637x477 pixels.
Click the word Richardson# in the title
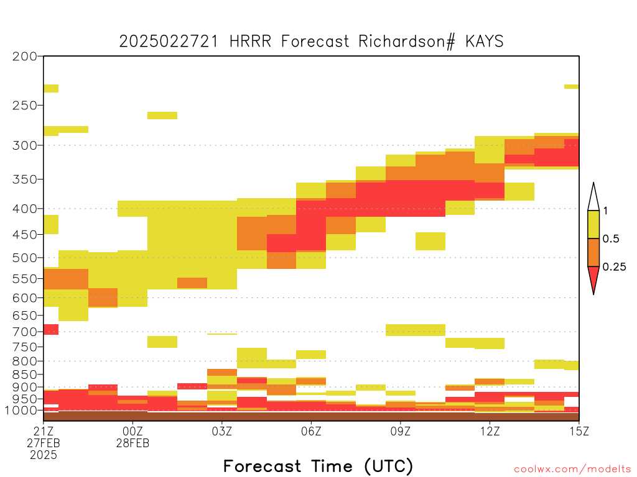point(406,42)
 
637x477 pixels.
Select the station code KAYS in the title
point(484,42)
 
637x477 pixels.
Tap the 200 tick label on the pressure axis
point(25,57)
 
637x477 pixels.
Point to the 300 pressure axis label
point(25,145)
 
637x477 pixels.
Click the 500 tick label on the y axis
point(25,258)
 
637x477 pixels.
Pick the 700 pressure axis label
point(25,332)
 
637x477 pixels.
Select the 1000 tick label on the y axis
point(21,411)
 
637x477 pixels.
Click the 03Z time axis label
point(222,431)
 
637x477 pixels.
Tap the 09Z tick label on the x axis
point(401,431)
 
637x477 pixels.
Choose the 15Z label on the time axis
point(579,431)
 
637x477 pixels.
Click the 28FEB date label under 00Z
point(133,443)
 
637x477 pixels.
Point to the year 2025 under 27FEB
point(44,455)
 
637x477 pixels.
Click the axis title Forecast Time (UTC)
point(318,466)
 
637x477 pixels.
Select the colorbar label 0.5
point(611,239)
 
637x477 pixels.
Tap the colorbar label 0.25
point(614,267)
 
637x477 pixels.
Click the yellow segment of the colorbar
point(593,224)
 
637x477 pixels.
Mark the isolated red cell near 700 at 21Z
point(51,329)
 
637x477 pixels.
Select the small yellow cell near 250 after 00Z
point(162,116)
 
